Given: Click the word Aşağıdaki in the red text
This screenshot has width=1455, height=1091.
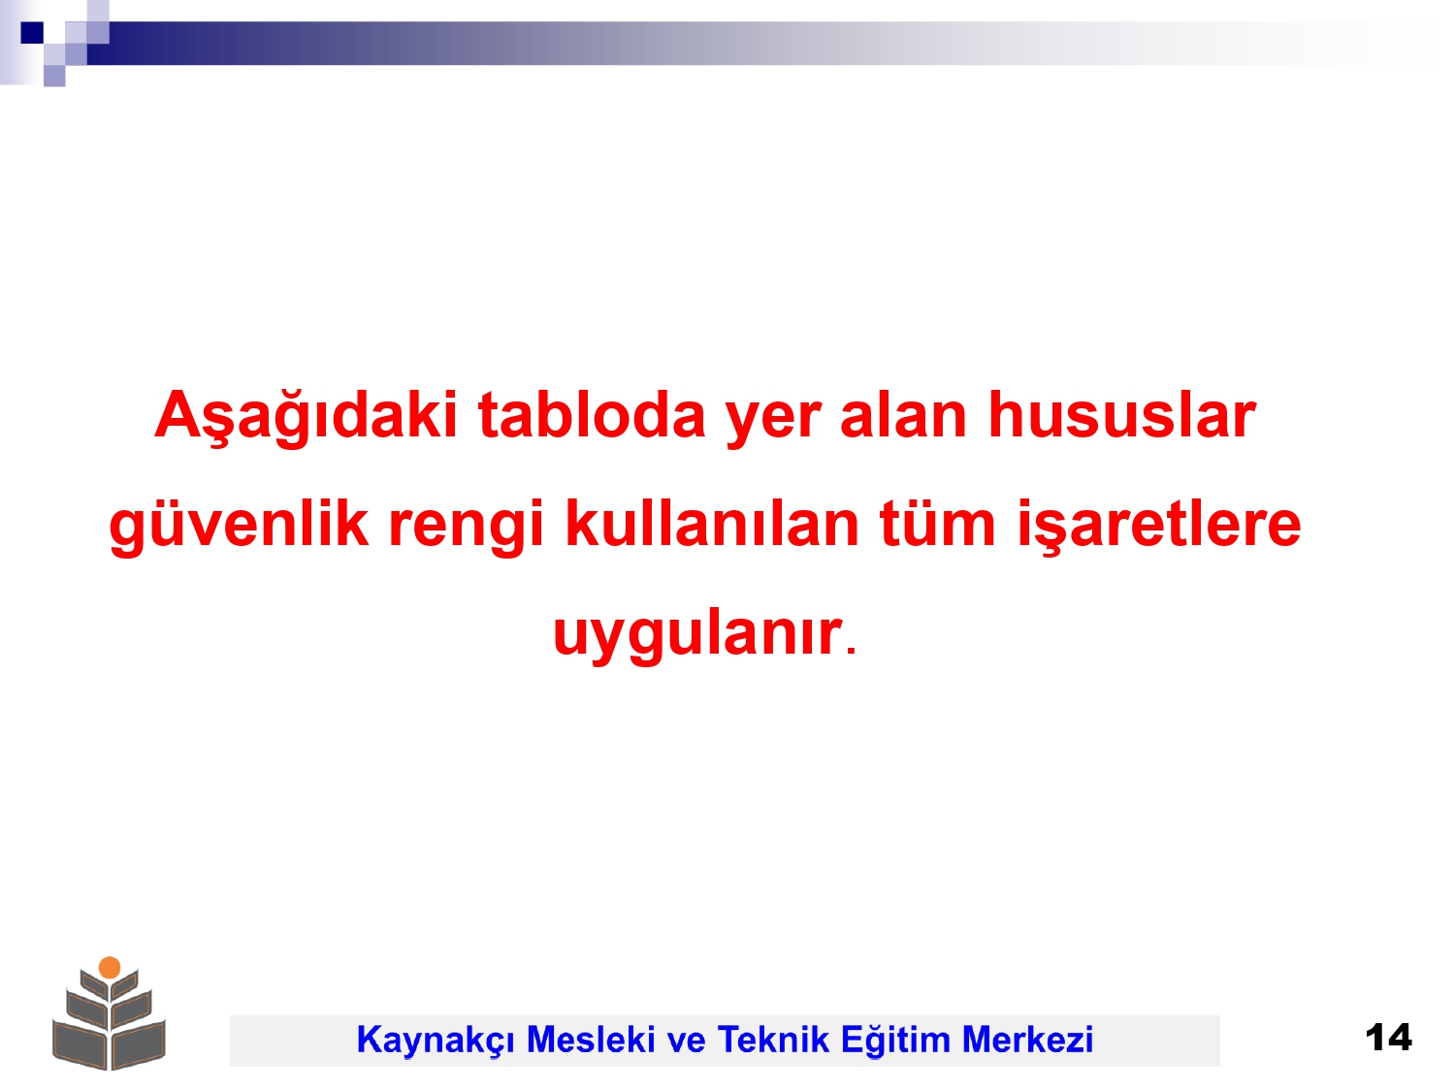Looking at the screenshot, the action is tap(306, 417).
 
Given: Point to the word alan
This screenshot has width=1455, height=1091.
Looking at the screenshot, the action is tap(903, 415).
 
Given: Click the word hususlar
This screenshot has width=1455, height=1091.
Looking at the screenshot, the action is tap(1121, 415).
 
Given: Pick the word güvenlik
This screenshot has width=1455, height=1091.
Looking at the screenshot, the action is tap(239, 526).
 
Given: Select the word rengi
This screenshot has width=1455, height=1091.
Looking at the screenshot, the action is tap(466, 526).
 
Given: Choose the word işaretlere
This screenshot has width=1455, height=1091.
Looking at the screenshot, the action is tap(1159, 526).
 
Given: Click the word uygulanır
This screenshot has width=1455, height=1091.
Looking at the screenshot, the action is tap(697, 634).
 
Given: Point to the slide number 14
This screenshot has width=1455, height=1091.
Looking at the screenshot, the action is tap(1388, 1038).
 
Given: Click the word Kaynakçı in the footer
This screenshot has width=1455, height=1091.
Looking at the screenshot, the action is tap(436, 1040).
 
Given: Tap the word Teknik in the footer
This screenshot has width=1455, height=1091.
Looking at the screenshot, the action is tap(773, 1039).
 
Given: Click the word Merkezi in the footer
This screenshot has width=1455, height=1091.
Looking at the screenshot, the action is tap(1027, 1039).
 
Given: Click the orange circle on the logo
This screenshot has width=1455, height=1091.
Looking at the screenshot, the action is tap(110, 968).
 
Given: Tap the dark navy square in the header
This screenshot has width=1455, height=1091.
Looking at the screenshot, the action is tap(32, 32).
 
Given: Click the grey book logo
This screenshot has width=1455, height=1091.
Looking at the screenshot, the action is tap(110, 1013).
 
